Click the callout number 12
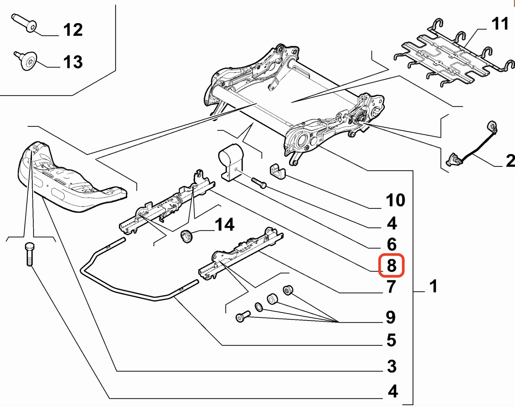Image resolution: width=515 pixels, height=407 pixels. (73, 30)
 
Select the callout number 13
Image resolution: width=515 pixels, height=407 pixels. (73, 62)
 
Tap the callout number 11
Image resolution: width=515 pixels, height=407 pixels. (500, 24)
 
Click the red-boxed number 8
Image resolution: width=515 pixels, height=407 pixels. (391, 266)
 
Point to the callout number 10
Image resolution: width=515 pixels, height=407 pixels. (395, 200)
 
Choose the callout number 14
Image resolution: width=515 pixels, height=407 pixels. (225, 225)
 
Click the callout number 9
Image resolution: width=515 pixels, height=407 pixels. (391, 317)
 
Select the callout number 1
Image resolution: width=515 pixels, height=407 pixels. (433, 286)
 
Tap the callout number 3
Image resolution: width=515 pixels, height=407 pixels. (392, 366)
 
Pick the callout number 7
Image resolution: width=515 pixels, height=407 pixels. (391, 286)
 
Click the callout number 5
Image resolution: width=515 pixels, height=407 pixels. (391, 340)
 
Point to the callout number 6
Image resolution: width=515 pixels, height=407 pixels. (392, 244)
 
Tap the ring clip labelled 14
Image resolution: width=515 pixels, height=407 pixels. (186, 236)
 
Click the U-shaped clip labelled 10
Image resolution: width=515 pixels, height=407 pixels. (277, 172)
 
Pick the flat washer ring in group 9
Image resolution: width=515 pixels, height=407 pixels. (259, 307)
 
